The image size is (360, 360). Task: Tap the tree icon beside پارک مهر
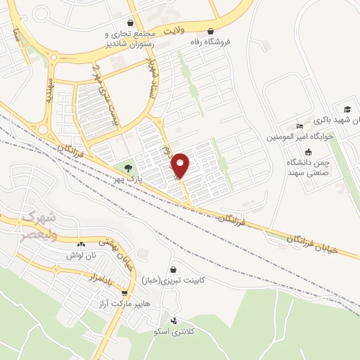point(128,168)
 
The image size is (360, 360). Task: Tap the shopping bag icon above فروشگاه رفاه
point(211,31)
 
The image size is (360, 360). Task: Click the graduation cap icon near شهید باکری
point(347,109)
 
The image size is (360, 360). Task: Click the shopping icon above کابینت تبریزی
point(173,269)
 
